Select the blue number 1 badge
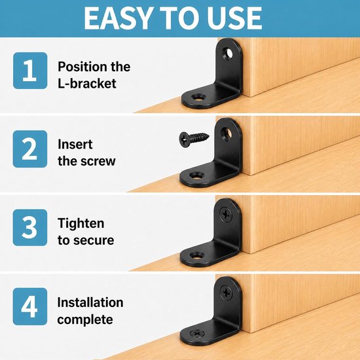[30, 71]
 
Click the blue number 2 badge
[30, 149]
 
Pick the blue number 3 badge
[30, 228]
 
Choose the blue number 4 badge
[30, 306]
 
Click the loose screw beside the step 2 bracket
[194, 139]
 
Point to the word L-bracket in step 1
[87, 83]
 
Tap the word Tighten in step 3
[81, 223]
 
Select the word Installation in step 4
[90, 302]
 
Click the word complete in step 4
[85, 319]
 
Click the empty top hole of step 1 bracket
[227, 53]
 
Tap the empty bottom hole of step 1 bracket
[198, 98]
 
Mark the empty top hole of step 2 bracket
[226, 133]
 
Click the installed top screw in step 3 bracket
[226, 214]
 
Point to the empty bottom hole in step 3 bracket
[197, 255]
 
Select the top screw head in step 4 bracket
[226, 293]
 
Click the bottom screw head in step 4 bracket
[196, 333]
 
